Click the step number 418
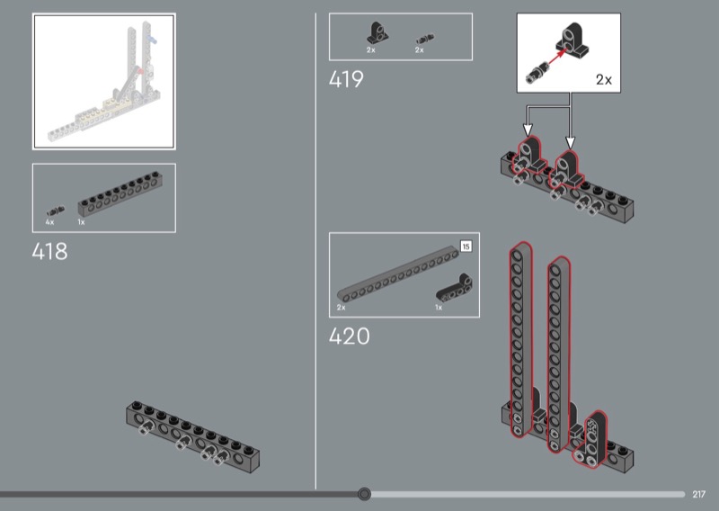pyautogui.click(x=49, y=252)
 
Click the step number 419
pyautogui.click(x=346, y=79)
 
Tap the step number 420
pyautogui.click(x=349, y=336)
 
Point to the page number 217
pyautogui.click(x=698, y=494)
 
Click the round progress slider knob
pyautogui.click(x=364, y=494)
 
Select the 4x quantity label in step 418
pyautogui.click(x=49, y=222)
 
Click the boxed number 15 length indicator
pyautogui.click(x=466, y=247)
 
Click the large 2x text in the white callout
pyautogui.click(x=603, y=80)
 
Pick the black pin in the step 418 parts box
pyautogui.click(x=55, y=211)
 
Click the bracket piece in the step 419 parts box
pyautogui.click(x=377, y=33)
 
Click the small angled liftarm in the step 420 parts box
pyautogui.click(x=454, y=288)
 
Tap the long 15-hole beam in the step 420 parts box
pyautogui.click(x=398, y=274)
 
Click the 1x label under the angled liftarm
pyautogui.click(x=439, y=308)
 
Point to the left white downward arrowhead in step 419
pyautogui.click(x=528, y=130)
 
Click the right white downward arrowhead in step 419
pyautogui.click(x=570, y=142)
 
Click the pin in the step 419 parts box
pyautogui.click(x=424, y=39)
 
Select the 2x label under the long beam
pyautogui.click(x=342, y=308)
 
